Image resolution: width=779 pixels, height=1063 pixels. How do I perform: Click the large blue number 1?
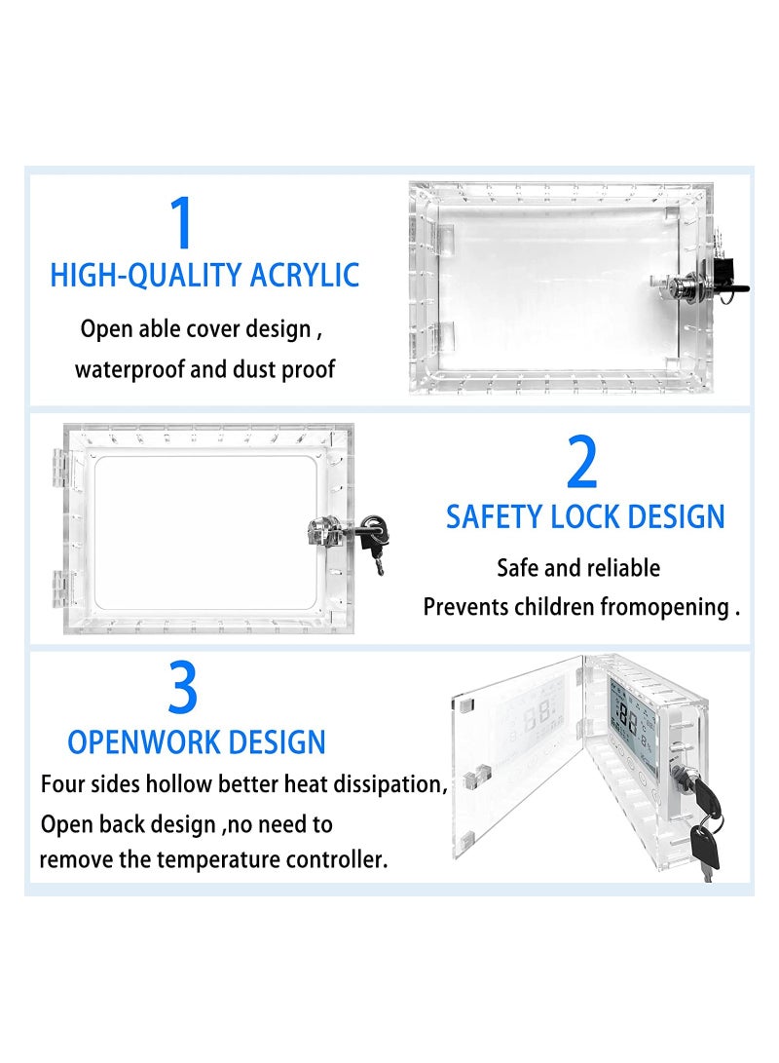point(182,223)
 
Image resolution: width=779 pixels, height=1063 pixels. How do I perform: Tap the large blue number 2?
point(581,464)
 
